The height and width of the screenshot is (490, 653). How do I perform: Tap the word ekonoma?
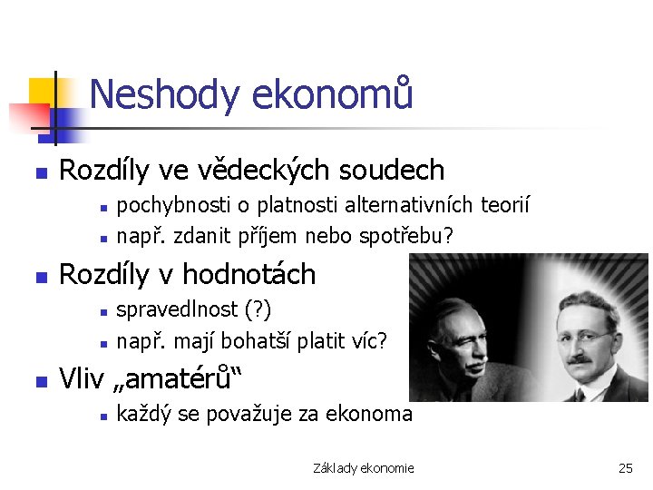(366, 415)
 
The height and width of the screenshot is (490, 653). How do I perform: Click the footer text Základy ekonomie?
(363, 468)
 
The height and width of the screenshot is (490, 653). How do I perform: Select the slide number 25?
(625, 468)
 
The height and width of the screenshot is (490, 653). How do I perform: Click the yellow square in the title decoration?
(44, 91)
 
